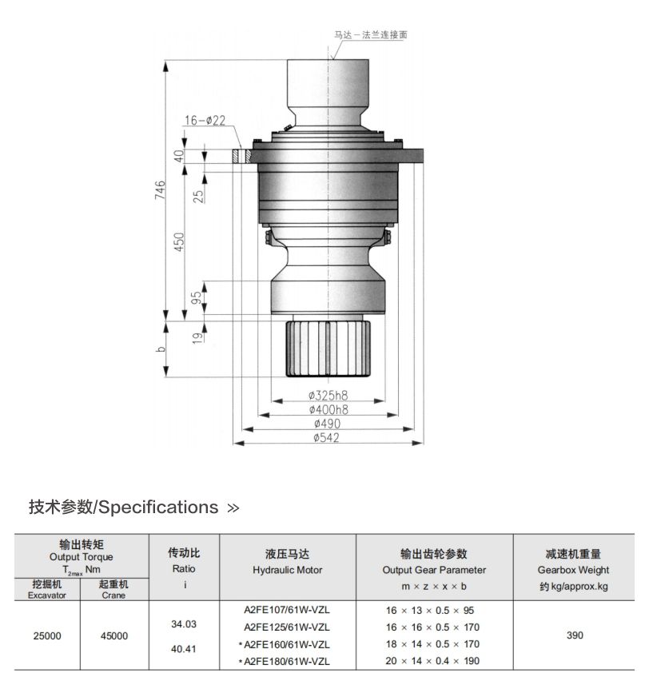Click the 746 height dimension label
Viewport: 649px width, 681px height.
[161, 193]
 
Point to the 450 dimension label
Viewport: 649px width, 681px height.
[179, 241]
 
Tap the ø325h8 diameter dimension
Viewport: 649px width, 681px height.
[328, 396]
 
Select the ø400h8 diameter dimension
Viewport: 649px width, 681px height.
[328, 410]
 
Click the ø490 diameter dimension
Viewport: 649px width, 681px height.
[327, 424]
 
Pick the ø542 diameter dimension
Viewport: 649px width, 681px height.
[327, 438]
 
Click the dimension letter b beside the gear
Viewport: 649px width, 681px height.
[161, 349]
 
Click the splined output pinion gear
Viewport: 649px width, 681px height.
[328, 348]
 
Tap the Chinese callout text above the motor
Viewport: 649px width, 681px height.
[376, 35]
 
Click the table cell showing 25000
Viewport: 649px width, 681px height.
[46, 636]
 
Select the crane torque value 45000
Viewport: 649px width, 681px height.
[113, 636]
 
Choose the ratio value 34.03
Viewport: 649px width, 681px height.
[184, 623]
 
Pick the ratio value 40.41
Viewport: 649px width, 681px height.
[184, 649]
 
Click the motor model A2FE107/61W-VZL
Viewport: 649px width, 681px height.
[288, 610]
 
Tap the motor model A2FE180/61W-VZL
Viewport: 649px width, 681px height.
[286, 662]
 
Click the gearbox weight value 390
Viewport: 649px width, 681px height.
[573, 636]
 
